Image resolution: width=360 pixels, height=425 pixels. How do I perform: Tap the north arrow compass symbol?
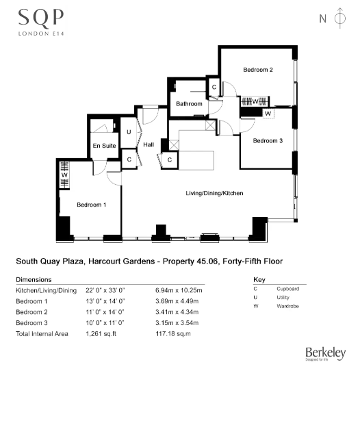coord(338,19)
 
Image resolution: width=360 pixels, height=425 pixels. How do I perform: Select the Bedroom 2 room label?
coord(258,70)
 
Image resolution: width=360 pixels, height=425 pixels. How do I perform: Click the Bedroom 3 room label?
coord(268,141)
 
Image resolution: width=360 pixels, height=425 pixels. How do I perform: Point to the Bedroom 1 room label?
coord(91,205)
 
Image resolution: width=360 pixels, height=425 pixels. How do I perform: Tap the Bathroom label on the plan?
coord(189,104)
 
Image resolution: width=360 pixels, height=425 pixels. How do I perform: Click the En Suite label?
coord(105,146)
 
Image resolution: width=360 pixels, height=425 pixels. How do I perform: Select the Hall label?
coord(149,144)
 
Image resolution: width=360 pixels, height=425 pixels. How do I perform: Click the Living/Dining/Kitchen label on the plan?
coord(214,194)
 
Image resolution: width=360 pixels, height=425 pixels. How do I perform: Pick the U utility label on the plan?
coord(129,131)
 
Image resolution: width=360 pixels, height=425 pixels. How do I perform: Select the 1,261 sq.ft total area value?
coord(101,333)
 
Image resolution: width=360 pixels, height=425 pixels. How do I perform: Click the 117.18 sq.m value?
coord(172,333)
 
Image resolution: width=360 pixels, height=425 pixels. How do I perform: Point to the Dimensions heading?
coord(34,280)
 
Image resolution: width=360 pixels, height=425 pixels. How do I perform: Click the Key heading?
coord(259,280)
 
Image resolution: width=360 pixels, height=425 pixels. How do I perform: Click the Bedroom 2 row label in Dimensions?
coord(31,312)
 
